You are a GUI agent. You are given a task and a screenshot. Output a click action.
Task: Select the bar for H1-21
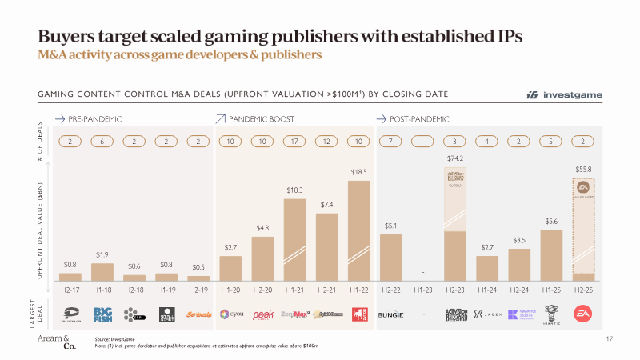pos(295,239)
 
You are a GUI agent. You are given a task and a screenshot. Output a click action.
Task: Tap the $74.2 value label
pos(455,158)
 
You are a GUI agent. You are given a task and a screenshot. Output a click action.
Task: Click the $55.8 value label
pos(583,170)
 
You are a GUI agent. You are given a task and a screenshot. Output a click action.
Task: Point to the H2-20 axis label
pos(263,286)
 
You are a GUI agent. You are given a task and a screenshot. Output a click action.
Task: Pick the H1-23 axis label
pos(423,286)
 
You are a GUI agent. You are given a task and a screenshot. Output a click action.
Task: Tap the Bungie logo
pos(391,314)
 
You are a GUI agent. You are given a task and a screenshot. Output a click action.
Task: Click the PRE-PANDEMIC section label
pos(94,118)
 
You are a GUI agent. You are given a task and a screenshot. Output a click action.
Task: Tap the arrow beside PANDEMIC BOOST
pos(222,118)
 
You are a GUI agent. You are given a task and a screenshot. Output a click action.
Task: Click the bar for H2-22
pos(391,257)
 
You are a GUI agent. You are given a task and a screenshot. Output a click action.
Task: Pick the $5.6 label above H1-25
pos(551,221)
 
